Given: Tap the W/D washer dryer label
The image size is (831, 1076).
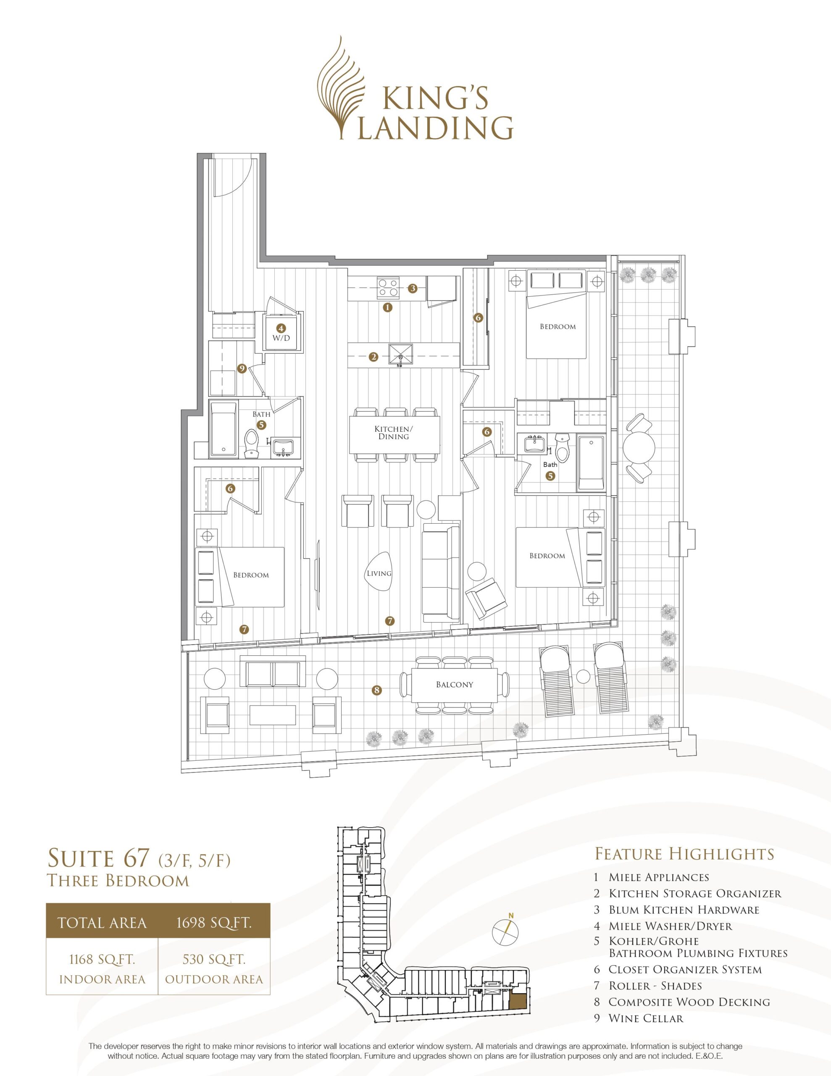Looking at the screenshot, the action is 281,338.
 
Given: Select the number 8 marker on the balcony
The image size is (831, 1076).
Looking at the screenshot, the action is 377,690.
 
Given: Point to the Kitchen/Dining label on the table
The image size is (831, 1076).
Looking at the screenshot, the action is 394,433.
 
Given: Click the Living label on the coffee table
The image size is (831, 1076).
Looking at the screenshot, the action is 379,573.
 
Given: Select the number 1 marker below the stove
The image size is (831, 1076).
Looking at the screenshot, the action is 388,307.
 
